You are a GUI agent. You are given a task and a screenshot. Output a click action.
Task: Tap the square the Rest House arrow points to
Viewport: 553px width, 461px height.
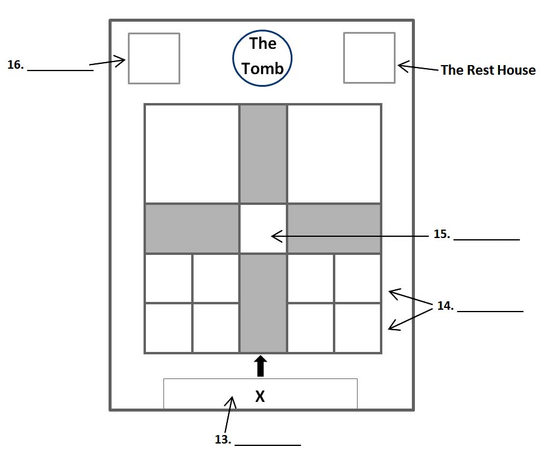point(369,58)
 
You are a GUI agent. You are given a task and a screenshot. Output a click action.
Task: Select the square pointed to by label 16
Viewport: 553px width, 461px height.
point(154,58)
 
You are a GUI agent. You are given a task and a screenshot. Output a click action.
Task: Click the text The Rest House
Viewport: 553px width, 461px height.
point(488,70)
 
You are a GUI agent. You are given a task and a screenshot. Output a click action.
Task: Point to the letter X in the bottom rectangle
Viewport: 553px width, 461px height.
point(261,397)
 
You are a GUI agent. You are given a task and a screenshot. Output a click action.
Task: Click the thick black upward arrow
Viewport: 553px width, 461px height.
point(261,366)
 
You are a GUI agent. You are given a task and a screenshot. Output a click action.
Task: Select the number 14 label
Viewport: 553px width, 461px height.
point(445,306)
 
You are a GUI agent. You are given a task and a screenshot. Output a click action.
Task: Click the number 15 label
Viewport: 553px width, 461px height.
point(441,234)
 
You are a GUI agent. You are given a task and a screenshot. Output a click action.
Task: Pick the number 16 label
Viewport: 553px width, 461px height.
point(15,65)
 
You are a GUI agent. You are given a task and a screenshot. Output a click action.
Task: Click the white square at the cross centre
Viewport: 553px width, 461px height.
point(263,229)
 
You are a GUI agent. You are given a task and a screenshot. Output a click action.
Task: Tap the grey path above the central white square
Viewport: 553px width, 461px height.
point(263,154)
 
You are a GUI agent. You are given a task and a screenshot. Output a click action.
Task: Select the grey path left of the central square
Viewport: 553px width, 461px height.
point(192,229)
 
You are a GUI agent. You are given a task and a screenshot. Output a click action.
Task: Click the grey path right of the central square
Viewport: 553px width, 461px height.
point(334,229)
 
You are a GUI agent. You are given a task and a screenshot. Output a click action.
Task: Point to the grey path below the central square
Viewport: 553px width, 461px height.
point(263,303)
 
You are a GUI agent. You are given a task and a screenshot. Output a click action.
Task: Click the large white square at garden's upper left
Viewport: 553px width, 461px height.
point(192,154)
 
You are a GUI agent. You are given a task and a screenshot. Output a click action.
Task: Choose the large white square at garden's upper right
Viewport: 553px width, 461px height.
point(334,154)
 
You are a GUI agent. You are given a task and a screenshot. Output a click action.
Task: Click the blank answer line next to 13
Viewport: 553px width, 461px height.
point(267,444)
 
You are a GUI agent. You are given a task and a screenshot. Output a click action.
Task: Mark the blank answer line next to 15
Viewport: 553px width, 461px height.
point(486,239)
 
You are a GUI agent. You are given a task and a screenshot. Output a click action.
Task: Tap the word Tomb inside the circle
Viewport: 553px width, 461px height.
point(262,68)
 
